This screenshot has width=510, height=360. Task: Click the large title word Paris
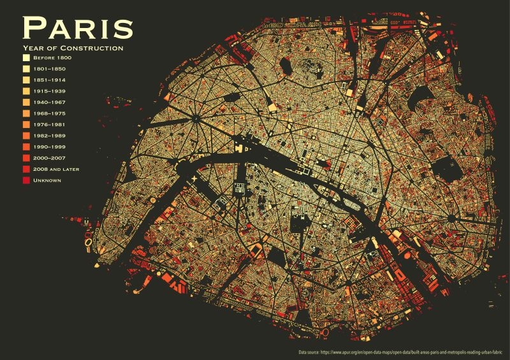point(77,27)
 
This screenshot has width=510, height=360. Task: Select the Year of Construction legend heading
point(73,48)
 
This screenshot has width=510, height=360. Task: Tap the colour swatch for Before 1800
point(26,58)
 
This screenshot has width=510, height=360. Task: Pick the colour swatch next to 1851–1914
point(26,80)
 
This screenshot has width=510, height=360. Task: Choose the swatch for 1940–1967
point(26,103)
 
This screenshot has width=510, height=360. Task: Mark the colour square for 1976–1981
point(26,125)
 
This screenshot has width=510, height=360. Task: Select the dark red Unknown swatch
point(26,180)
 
